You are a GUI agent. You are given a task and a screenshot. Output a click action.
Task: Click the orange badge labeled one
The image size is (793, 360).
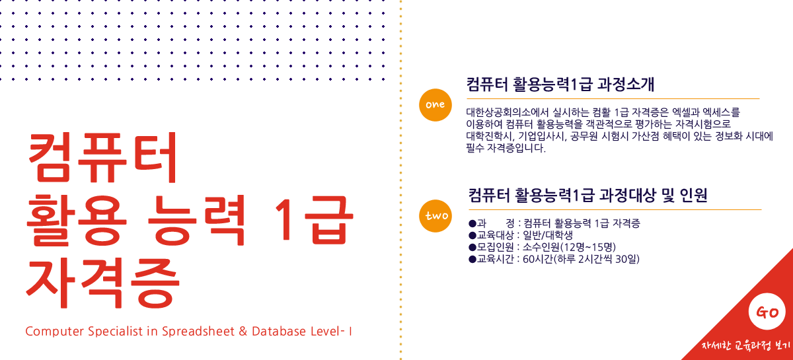click(x=435, y=104)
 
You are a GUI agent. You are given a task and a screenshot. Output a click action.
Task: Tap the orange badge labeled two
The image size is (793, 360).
click(x=435, y=216)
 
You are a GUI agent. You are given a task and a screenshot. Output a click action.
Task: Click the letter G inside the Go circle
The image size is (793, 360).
click(x=761, y=312)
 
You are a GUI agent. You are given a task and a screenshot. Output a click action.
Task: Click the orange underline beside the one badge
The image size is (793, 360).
click(x=613, y=98)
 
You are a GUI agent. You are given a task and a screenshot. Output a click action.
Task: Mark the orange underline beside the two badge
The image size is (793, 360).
click(x=615, y=209)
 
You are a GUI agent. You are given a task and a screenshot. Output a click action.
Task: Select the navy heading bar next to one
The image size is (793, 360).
click(x=560, y=84)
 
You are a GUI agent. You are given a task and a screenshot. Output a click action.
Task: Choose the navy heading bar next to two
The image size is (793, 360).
click(x=587, y=195)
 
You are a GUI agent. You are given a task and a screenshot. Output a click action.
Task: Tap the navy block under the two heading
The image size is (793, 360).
click(x=554, y=240)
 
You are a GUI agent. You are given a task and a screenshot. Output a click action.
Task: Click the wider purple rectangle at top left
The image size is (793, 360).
click(x=119, y=40)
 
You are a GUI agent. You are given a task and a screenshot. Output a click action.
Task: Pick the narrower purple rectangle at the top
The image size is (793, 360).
click(x=317, y=40)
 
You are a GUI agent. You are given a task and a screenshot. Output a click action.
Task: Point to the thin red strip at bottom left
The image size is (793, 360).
click(x=188, y=331)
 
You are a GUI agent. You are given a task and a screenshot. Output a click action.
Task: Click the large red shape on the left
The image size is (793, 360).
click(x=135, y=225)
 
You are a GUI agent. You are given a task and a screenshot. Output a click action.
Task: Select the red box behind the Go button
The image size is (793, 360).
click(x=714, y=284)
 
